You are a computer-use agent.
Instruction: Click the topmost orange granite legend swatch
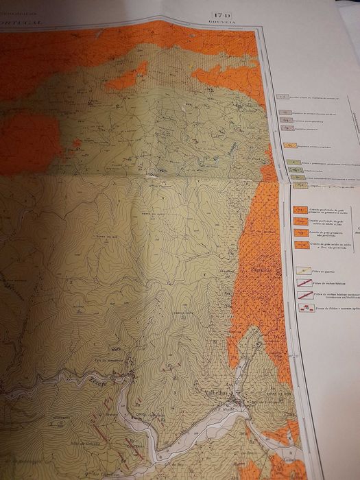(x=298, y=210)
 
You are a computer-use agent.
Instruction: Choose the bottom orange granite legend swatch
(x=299, y=243)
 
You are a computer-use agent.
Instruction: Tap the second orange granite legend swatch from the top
(x=298, y=221)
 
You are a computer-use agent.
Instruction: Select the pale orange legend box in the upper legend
(x=291, y=146)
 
